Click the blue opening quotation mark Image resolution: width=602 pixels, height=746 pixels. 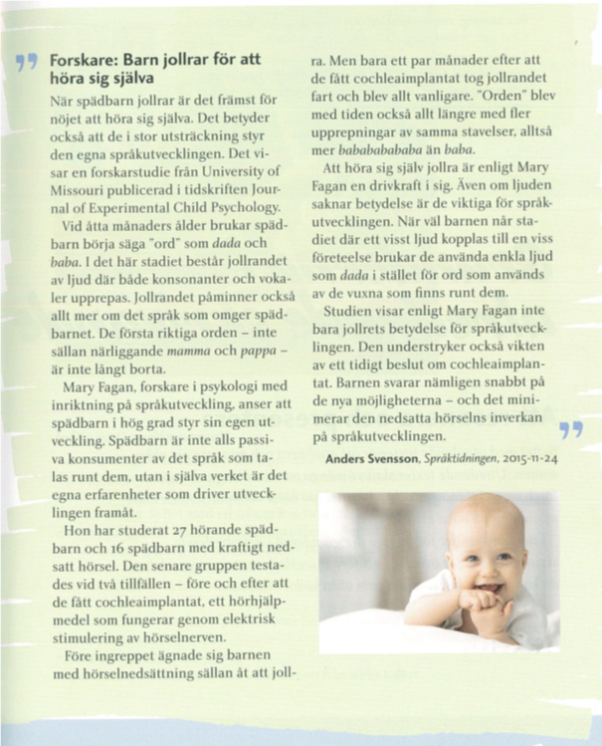28,67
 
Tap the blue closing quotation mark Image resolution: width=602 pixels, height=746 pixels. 570,429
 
